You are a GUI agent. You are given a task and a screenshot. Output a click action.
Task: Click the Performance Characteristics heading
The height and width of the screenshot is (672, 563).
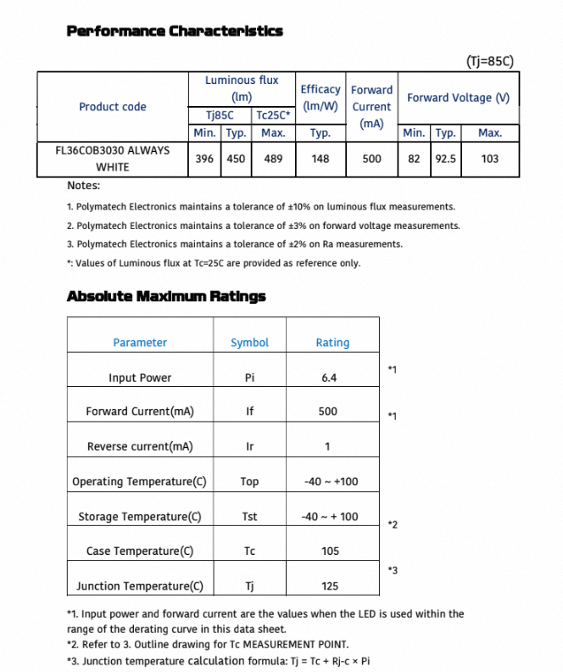coord(175,31)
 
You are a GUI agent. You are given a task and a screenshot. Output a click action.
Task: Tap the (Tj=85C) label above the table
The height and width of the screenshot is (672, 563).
coord(490,61)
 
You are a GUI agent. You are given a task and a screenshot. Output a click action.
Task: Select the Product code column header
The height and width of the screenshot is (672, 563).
coord(112,107)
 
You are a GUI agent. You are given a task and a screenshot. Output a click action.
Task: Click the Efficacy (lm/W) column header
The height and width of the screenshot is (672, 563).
coord(321,98)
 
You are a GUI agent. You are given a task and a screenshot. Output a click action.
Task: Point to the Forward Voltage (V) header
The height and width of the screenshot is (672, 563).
coord(458,98)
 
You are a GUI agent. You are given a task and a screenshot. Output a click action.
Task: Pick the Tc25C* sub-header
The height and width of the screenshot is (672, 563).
coord(273,115)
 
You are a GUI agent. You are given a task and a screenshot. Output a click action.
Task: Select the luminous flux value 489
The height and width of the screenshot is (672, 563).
coord(273,159)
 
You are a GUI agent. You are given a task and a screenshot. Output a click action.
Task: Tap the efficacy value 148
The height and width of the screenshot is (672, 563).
coord(321,159)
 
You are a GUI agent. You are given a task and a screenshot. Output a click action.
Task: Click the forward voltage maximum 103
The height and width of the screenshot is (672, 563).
coord(489,159)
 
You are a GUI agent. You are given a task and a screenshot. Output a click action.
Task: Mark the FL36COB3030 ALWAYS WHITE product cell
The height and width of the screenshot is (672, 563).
coord(112,159)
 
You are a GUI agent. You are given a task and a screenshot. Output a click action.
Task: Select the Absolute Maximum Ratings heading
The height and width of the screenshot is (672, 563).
coord(166,296)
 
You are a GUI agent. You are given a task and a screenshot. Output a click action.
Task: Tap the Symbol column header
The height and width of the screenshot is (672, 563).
coord(249,343)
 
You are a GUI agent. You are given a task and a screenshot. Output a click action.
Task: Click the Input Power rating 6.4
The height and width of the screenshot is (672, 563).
coord(330,378)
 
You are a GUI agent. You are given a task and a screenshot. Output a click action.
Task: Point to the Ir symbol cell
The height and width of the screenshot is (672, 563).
coord(249,446)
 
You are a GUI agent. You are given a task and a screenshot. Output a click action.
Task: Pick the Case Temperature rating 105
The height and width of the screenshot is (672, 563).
coord(330,552)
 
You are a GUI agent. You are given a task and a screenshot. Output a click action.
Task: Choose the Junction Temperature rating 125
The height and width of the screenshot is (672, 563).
coord(330,586)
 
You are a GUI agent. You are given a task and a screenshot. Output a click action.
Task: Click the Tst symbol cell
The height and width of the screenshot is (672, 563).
coord(249,517)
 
